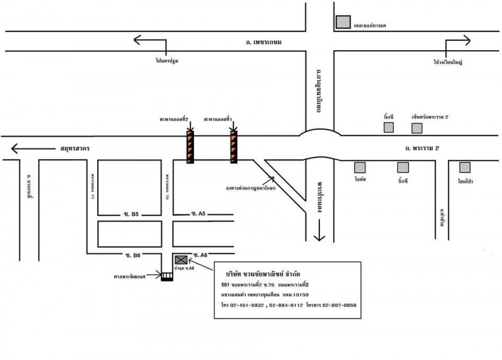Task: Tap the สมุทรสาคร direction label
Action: pos(74,149)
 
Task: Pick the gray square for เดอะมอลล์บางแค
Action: pos(343,22)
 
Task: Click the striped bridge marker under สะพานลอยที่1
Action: pos(233,147)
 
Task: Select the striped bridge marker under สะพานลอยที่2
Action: pos(190,147)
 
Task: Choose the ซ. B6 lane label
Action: pos(132,254)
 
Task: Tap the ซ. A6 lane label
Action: pos(200,255)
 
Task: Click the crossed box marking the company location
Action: pos(181,259)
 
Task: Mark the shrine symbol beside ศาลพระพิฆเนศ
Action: pos(167,275)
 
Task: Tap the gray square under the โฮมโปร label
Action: pos(464,167)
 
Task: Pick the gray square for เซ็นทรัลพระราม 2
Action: pos(417,128)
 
